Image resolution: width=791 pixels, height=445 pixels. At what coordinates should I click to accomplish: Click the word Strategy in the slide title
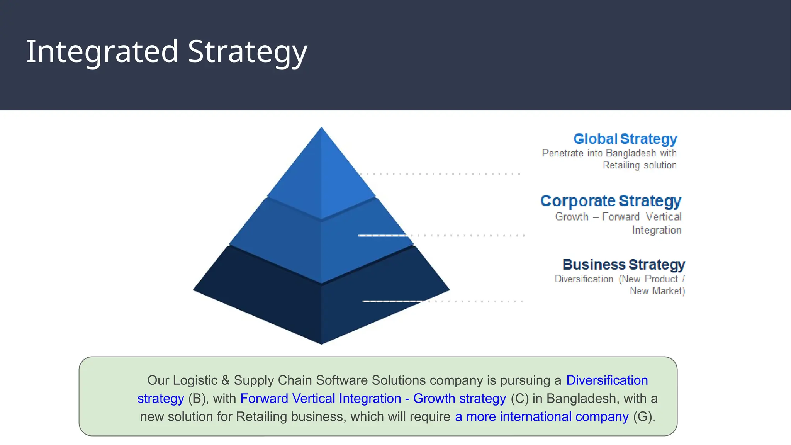click(x=247, y=52)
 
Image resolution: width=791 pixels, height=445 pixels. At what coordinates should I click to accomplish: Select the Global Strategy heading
click(x=625, y=139)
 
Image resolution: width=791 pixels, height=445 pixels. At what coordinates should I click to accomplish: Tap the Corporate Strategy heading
click(x=611, y=201)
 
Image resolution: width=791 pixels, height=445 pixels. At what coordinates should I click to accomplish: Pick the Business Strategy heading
click(x=623, y=265)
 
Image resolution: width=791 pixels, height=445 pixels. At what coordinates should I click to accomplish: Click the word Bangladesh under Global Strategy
click(x=631, y=153)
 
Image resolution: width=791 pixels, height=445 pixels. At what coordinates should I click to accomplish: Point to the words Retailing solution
click(x=640, y=165)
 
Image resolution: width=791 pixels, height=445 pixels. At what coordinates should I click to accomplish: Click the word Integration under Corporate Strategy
click(x=657, y=230)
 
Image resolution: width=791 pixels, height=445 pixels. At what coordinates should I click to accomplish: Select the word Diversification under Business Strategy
click(x=584, y=279)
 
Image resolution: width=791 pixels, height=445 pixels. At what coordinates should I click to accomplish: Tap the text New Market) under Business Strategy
click(x=657, y=291)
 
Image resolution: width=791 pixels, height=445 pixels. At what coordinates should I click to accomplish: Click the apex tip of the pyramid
click(x=321, y=129)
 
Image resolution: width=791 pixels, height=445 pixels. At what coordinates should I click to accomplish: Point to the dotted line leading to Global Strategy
click(x=440, y=174)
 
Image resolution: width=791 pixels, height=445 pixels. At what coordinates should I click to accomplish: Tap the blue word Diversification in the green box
click(x=607, y=380)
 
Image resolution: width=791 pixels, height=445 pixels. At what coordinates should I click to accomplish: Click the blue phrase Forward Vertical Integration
click(x=321, y=399)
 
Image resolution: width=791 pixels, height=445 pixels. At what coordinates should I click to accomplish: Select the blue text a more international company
click(x=541, y=417)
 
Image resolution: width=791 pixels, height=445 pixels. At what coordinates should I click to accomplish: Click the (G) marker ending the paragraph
click(x=644, y=417)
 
